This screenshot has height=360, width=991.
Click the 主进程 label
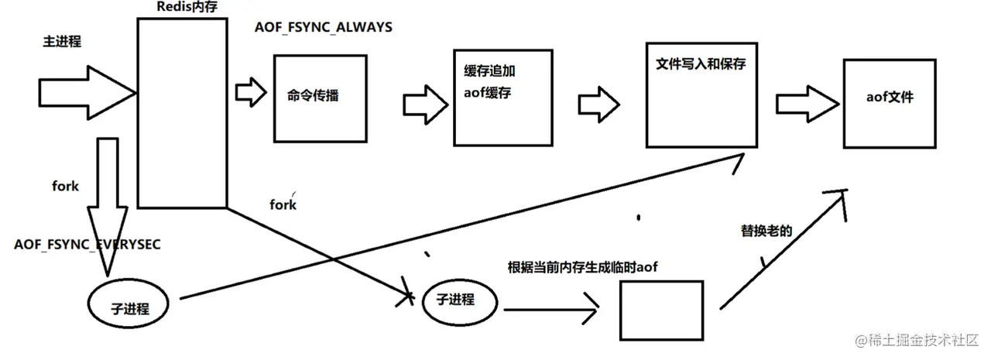[62, 42]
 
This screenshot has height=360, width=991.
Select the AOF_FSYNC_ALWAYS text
[324, 28]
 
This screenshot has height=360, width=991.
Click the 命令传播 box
[318, 97]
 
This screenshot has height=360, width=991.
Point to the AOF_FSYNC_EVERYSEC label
[87, 245]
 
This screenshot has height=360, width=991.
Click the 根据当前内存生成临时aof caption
[582, 267]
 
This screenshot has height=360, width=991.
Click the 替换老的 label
[767, 231]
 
